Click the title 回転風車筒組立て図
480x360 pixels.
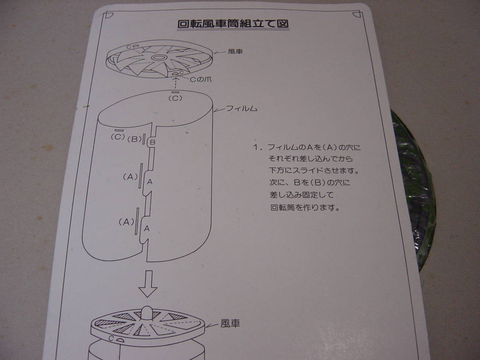[x=233, y=24]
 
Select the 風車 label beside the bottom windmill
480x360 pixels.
[x=230, y=324]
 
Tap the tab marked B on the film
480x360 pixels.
[x=152, y=142]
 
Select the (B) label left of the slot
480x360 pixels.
[x=134, y=140]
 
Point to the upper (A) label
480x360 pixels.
[x=130, y=176]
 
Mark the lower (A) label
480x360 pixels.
[x=126, y=222]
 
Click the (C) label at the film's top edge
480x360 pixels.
[x=175, y=97]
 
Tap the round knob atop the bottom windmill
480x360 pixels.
[x=147, y=313]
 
